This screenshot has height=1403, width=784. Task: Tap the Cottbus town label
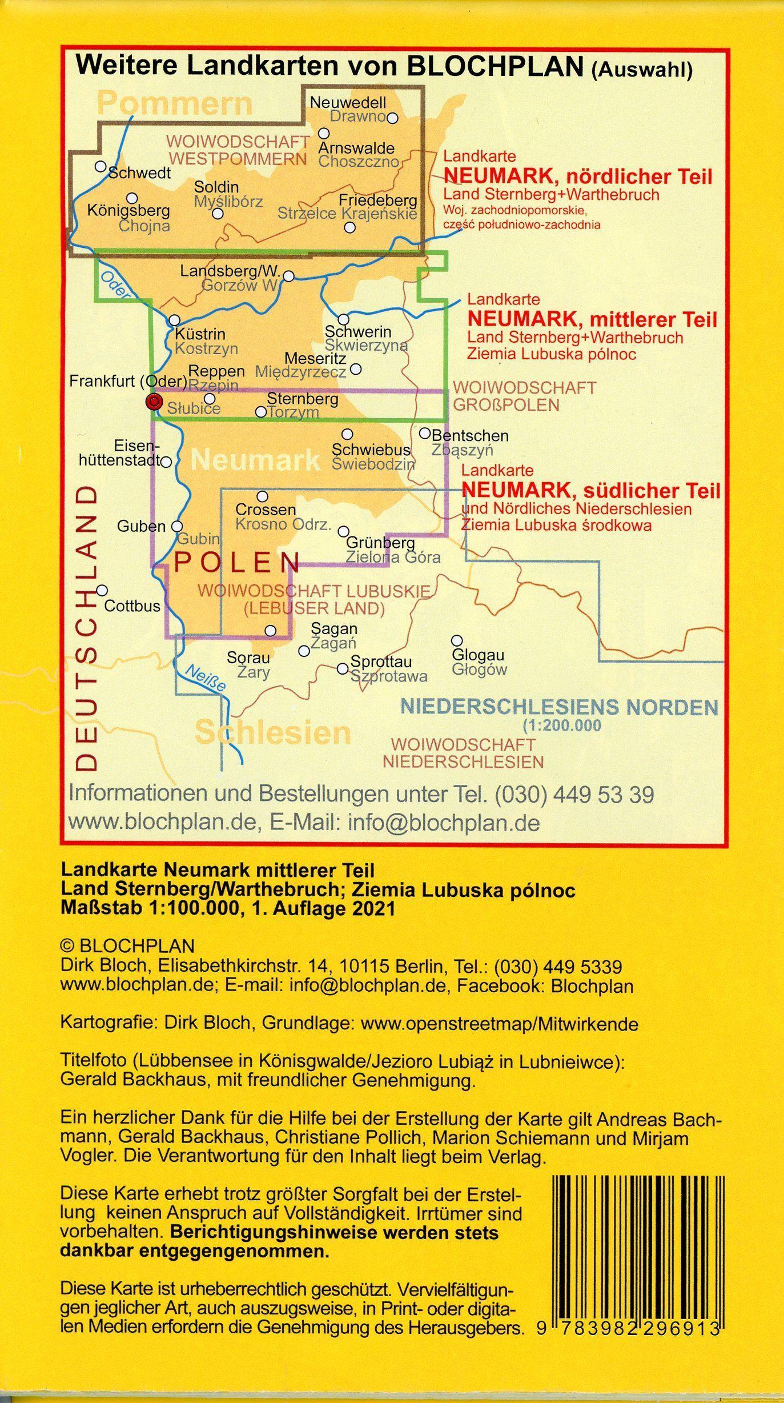pyautogui.click(x=132, y=606)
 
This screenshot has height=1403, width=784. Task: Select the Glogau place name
pyautogui.click(x=478, y=655)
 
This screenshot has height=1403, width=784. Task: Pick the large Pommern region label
pyautogui.click(x=174, y=103)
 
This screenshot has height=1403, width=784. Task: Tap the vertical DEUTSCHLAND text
pyautogui.click(x=87, y=628)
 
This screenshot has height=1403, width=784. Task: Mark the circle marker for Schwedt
pyautogui.click(x=100, y=166)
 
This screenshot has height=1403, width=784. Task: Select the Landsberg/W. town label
pyautogui.click(x=230, y=271)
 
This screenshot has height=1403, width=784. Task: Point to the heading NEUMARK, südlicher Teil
pyautogui.click(x=590, y=490)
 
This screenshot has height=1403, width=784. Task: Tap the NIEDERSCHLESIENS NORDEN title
pyautogui.click(x=558, y=707)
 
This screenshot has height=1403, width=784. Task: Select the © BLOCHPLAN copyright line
pyautogui.click(x=127, y=945)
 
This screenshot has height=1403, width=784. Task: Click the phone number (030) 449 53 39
pyautogui.click(x=574, y=794)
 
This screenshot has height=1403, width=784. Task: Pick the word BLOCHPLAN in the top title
pyautogui.click(x=493, y=66)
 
